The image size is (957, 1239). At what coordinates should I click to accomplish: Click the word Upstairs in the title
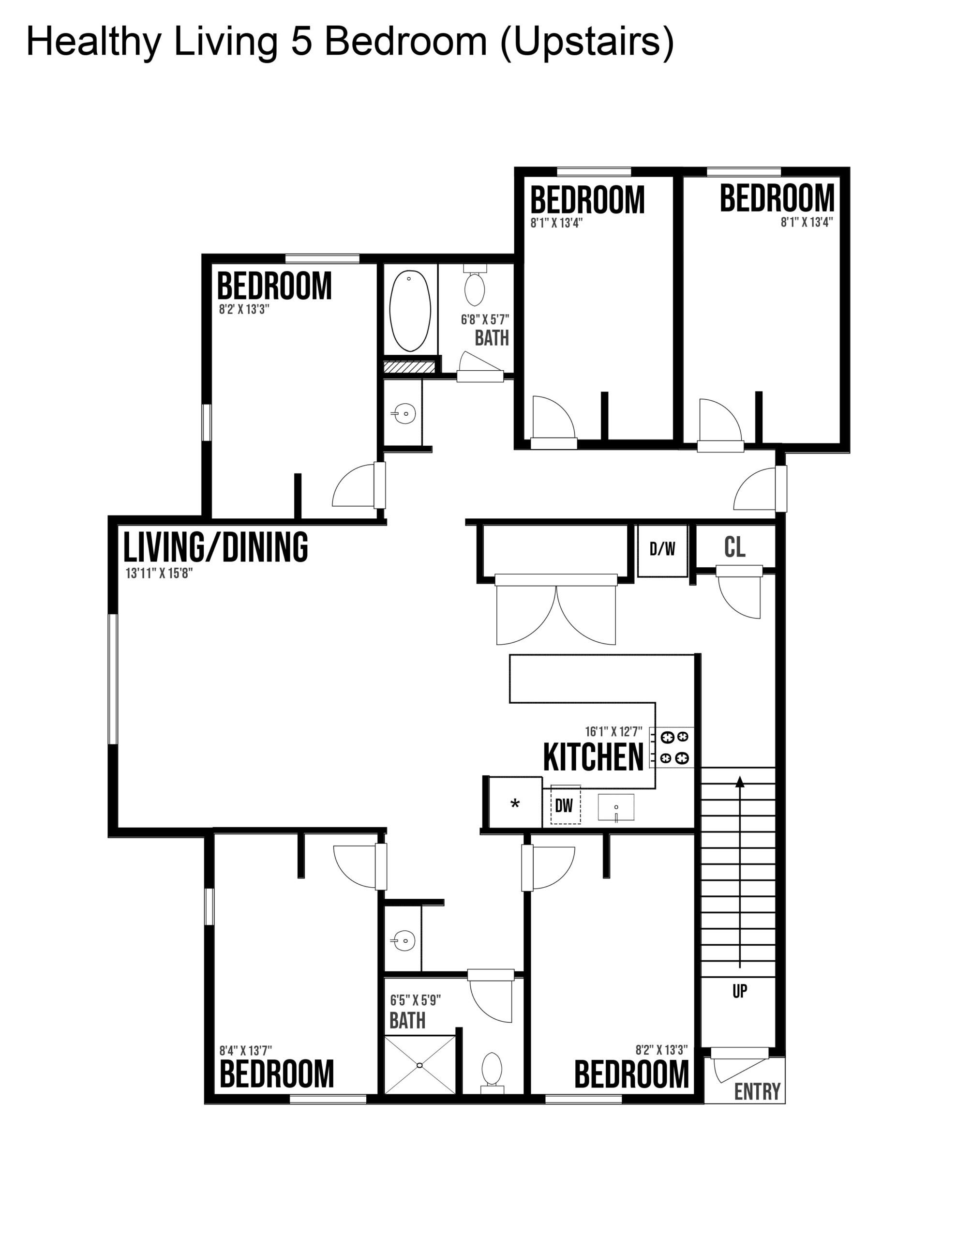587,42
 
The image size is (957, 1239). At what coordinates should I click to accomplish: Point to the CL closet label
734,547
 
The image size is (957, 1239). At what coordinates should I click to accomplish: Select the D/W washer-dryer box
662,551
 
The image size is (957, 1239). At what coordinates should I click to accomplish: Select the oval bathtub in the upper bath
410,310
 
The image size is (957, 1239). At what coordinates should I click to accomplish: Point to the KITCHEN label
593,757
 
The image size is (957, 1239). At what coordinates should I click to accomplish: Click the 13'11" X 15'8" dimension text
159,573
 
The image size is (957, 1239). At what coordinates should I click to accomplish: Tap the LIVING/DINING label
216,546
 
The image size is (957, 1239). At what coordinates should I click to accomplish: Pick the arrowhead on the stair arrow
740,781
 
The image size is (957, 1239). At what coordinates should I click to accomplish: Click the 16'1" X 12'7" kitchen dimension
614,732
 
